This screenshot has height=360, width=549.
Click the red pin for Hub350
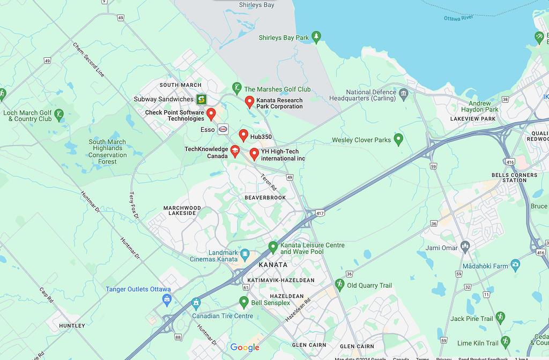243,135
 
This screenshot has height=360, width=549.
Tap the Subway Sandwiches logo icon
201,99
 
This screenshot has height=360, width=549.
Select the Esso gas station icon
223,129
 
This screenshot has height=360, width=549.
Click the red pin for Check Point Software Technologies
211,114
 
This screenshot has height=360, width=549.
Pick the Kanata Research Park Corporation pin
249,101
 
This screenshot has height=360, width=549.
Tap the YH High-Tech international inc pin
254,154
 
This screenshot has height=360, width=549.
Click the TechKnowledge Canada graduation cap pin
234,151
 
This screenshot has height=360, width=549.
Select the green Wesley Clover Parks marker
398,139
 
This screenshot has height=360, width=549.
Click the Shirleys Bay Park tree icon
317,37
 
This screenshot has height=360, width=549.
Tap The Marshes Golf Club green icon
237,87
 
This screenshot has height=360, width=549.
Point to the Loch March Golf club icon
59,114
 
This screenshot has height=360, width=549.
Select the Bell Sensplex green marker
244,302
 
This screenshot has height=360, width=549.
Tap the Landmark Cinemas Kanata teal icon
246,253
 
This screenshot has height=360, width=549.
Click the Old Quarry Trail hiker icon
339,284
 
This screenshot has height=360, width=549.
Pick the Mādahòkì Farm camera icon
515,265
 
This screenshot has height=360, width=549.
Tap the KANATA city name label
273,265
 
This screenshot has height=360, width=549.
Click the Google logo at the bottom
245,348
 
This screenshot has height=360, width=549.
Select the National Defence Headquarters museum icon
404,94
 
